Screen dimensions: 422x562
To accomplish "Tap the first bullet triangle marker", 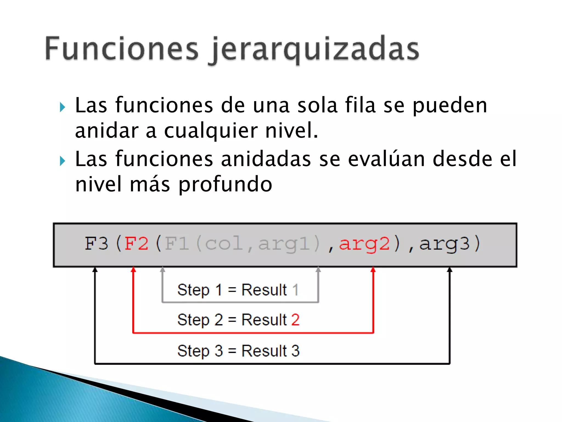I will point(62,107).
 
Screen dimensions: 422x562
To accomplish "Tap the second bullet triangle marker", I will point(62,161).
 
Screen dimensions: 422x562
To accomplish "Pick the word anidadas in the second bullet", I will point(266,159).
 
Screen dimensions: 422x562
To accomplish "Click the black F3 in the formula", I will point(96,243).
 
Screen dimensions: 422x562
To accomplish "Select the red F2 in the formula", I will point(136,243).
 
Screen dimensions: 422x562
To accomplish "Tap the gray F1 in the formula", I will point(177,243).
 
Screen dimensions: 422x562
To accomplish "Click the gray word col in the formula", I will point(224,243).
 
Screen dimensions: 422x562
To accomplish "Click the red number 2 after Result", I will point(295,320).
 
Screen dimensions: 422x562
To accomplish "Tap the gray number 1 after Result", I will point(295,290).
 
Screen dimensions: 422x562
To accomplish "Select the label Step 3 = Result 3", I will point(238,351).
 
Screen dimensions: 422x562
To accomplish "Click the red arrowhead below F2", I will point(133,270).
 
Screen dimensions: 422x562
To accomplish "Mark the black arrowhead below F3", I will point(95,270).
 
